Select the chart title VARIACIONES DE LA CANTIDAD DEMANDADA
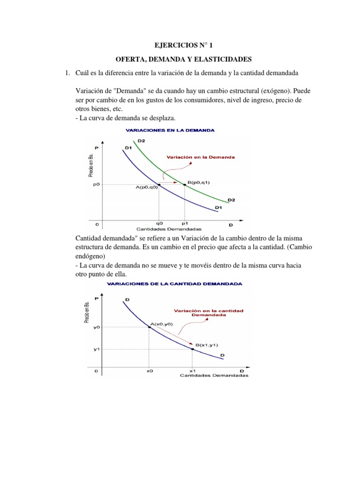tap(175, 284)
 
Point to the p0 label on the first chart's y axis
tap(96, 185)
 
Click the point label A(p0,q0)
tap(147, 187)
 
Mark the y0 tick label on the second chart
tap(97, 327)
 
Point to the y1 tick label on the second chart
tap(97, 349)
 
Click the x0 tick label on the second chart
tap(150, 370)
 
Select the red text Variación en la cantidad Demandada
tap(202, 313)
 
